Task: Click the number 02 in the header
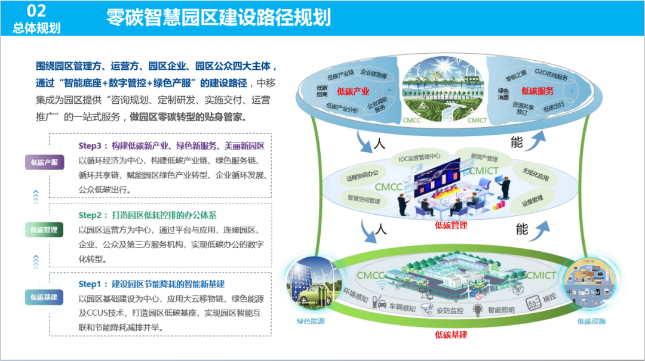pos(36,11)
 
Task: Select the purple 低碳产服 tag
pos(44,162)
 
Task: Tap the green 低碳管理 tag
pos(44,230)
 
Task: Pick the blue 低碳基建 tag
pos(44,297)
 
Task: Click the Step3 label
pos(93,146)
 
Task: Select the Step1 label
pos(93,283)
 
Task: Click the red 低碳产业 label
pos(354,92)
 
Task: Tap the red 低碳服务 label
pos(537,91)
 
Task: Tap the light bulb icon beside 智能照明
pos(477,309)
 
